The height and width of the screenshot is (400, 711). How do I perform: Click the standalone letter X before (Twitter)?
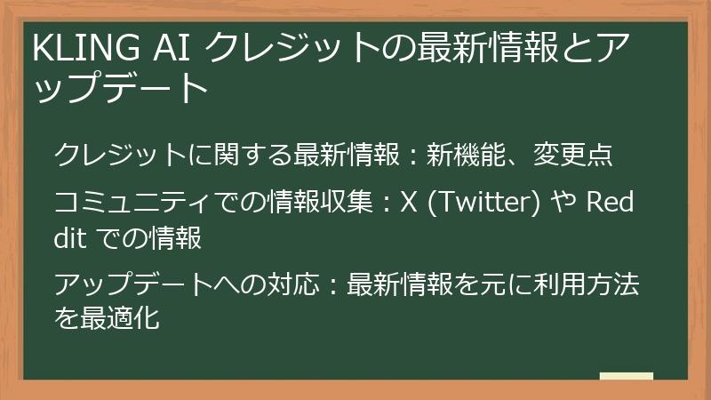(409, 203)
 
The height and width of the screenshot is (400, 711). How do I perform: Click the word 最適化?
(120, 317)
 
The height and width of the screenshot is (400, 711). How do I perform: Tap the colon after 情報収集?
(386, 204)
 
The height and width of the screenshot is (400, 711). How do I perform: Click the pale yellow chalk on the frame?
(626, 376)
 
